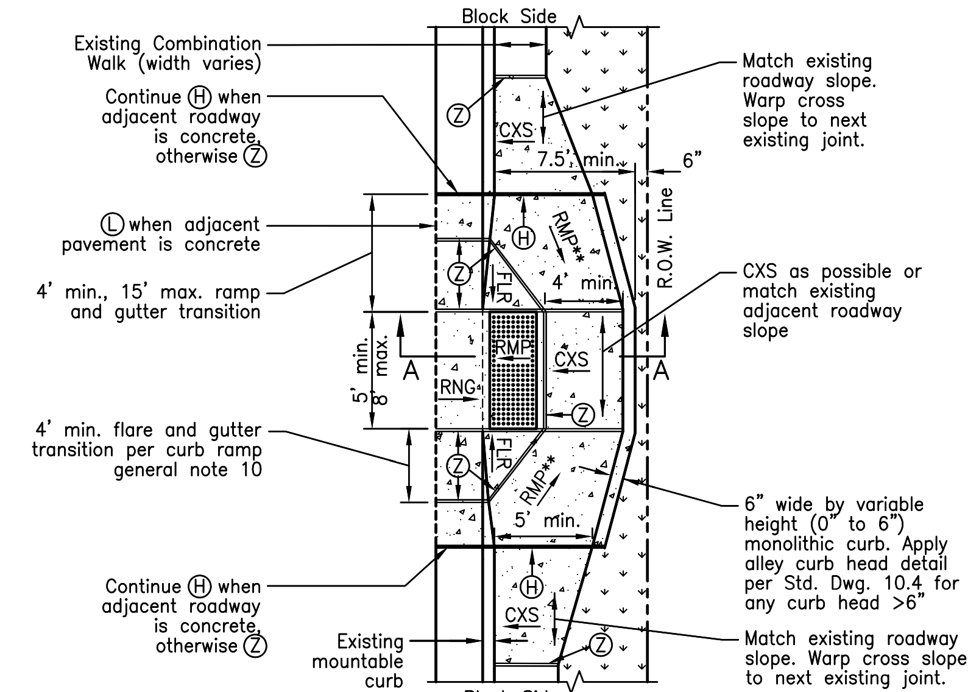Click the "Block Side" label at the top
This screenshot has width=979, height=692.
point(509,16)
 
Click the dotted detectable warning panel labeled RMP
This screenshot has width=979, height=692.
point(514,370)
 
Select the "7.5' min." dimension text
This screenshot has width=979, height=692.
point(578,160)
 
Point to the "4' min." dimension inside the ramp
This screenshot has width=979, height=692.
point(584,283)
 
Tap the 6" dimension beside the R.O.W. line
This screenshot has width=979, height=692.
point(691,160)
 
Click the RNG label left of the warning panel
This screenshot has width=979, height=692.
point(458,387)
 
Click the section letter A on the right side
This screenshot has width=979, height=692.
point(661,370)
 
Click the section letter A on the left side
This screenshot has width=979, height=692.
point(412,370)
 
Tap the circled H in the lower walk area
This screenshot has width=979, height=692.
point(531,587)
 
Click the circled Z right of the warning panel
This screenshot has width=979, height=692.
point(584,415)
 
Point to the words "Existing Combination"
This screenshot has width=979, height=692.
point(168,44)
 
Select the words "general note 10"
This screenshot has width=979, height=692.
point(188,470)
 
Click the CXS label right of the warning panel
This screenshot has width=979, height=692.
point(571,359)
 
